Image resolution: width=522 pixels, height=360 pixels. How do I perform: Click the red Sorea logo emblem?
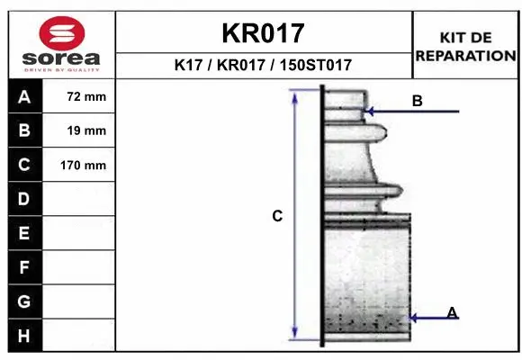[60, 33]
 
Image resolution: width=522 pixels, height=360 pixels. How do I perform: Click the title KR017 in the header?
[263, 33]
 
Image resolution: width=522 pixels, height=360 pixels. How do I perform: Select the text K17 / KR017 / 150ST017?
[263, 66]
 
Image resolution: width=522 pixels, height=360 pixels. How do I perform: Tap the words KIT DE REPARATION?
[464, 46]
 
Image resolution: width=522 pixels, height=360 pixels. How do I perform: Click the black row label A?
[24, 97]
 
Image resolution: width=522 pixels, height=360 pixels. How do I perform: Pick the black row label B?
[24, 130]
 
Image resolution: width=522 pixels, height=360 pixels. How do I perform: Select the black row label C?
[24, 165]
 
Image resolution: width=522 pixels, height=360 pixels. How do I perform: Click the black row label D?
[24, 198]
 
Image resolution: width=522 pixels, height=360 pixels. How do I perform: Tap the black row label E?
[24, 233]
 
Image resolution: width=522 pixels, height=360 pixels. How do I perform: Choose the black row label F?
[24, 267]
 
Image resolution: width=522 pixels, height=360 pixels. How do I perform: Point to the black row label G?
[24, 301]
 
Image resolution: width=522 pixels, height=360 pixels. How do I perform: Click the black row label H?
[24, 335]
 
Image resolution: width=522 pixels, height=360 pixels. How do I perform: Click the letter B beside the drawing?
[417, 101]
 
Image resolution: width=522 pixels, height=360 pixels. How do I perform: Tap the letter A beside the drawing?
[452, 312]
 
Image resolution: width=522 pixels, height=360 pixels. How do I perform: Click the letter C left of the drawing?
[277, 216]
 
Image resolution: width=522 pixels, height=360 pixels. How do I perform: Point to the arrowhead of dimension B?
[369, 112]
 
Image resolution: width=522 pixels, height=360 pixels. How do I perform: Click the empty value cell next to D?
[80, 198]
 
